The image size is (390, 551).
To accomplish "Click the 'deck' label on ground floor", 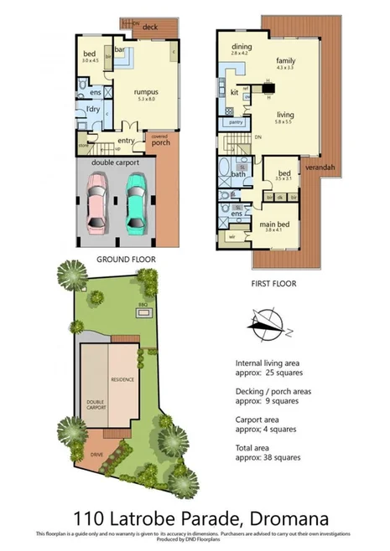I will click(150, 27).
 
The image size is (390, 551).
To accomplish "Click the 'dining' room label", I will click(242, 47).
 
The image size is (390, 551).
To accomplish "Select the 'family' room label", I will click(285, 60).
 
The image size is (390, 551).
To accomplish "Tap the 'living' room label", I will click(285, 116).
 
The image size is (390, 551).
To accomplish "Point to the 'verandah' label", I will click(319, 167).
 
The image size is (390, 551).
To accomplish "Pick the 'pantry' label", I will click(236, 122).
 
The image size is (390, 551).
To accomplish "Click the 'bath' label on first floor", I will click(239, 173).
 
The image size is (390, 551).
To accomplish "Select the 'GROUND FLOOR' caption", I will click(125, 260).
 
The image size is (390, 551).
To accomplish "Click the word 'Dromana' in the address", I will click(271, 516).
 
